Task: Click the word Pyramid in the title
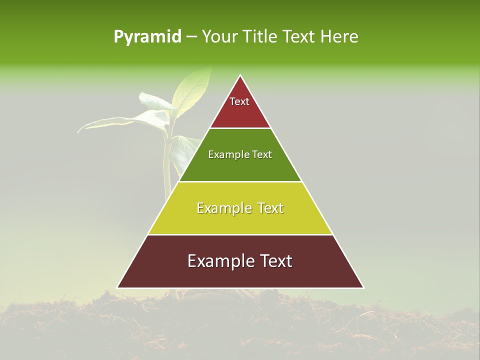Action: click(147, 37)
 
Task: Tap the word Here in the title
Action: click(339, 37)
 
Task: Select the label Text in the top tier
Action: click(239, 101)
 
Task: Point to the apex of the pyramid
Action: click(240, 76)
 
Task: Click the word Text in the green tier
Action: click(262, 154)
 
